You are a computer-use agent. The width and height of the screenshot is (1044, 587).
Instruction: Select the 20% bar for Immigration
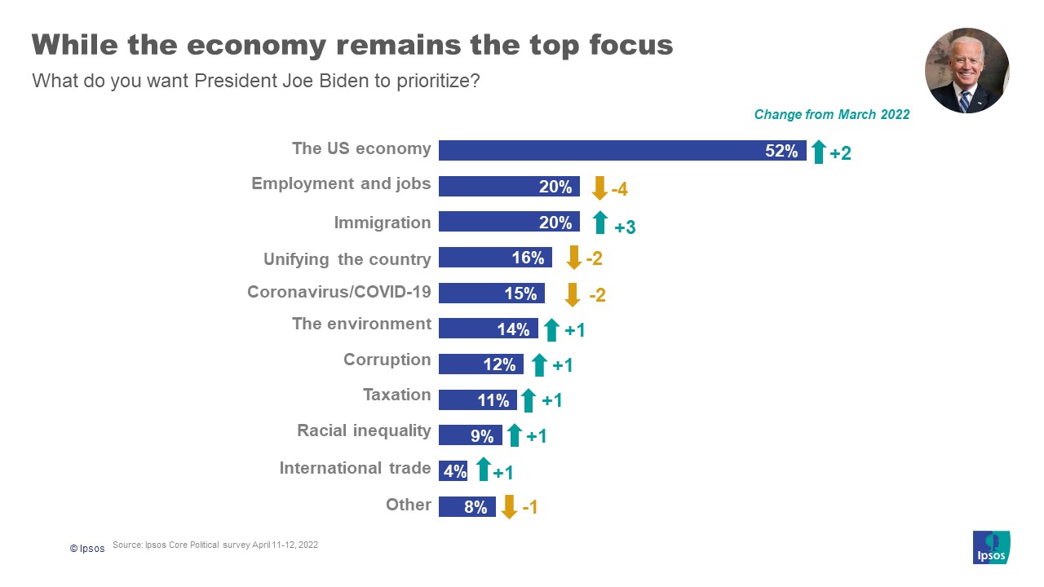509,222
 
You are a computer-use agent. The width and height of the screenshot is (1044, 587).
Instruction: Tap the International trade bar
453,470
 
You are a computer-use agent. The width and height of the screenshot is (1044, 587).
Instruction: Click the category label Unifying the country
347,259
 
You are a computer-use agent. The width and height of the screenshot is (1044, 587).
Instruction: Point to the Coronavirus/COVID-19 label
339,292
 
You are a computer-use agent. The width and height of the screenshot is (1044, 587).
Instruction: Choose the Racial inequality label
364,430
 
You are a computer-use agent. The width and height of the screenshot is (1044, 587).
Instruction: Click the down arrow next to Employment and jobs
599,188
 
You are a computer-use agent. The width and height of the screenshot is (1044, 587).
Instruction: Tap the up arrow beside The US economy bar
819,152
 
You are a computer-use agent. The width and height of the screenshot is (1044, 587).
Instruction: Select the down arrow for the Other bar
509,506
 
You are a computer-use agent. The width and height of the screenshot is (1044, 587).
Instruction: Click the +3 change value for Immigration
625,227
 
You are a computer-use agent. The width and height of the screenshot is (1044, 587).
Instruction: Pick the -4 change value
619,190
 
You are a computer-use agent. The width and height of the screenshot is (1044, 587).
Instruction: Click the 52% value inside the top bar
781,151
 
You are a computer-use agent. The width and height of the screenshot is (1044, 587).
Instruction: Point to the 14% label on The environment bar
514,329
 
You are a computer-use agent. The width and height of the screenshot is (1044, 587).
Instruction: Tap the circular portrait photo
967,71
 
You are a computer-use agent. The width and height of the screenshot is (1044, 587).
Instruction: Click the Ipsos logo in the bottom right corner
991,547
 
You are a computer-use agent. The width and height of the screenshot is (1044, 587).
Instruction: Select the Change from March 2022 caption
831,115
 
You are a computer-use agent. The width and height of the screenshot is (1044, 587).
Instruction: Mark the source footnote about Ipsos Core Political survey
215,545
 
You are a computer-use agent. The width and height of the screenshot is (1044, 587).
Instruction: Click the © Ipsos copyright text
87,549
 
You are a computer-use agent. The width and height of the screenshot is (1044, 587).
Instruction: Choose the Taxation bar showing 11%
477,399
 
